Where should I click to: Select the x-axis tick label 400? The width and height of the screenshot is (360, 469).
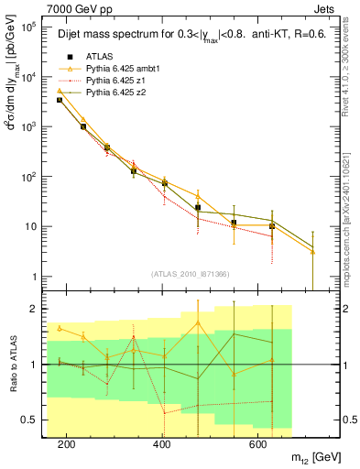pyautogui.click(x=162, y=444)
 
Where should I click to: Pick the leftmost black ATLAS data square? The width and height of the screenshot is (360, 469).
pyautogui.click(x=60, y=100)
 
